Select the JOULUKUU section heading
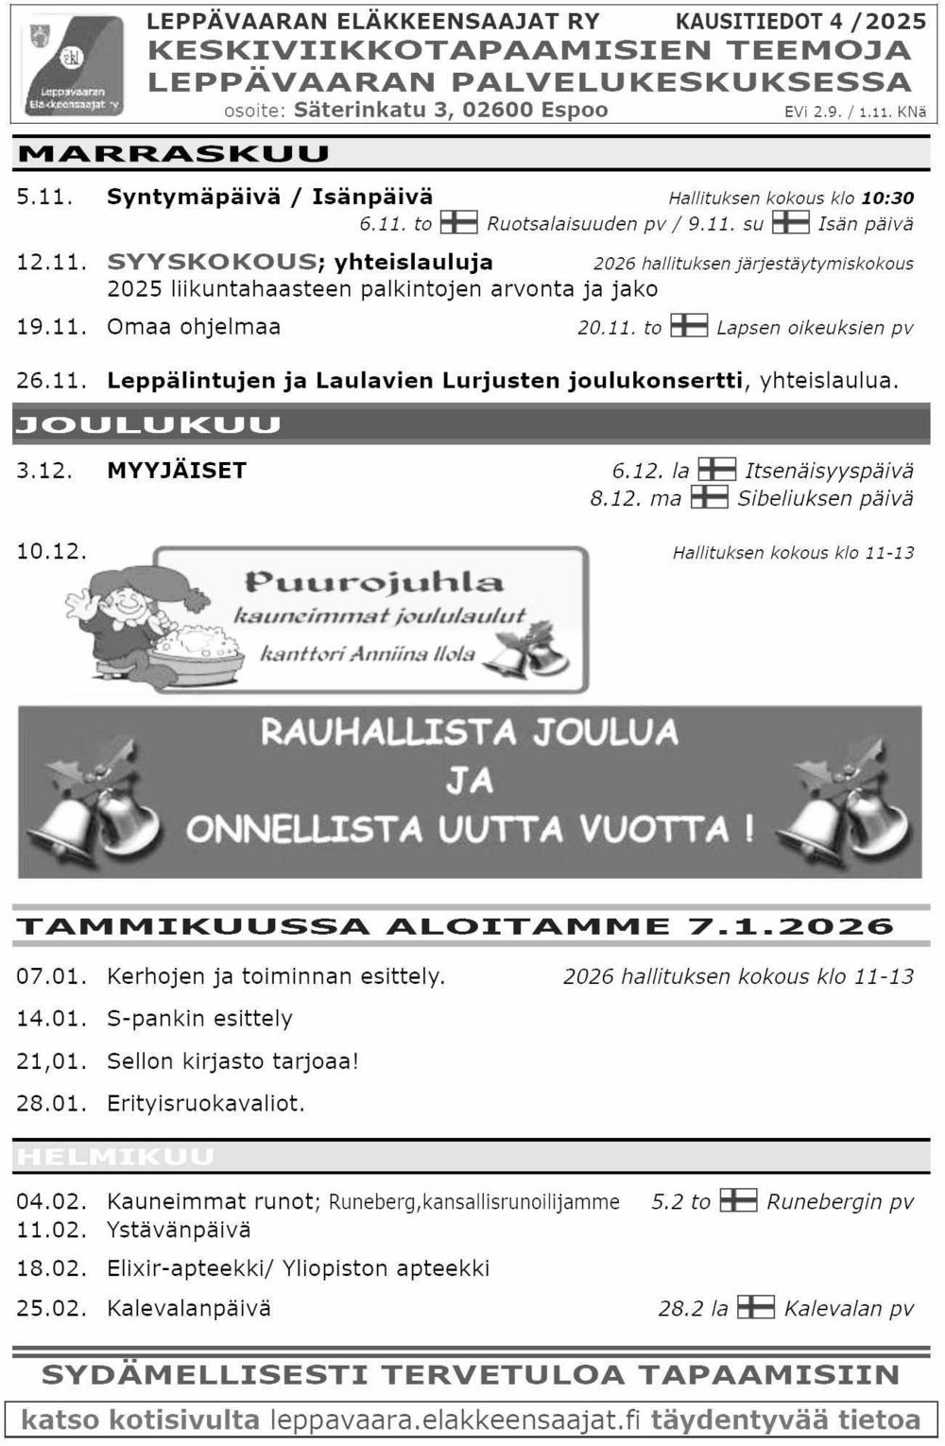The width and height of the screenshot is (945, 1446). [x=148, y=425]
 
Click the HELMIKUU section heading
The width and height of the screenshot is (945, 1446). [x=115, y=1157]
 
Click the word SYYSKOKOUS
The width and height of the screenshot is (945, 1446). [x=212, y=262]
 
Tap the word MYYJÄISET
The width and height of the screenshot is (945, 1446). [x=177, y=471]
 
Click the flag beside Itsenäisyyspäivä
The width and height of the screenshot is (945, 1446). [x=716, y=470]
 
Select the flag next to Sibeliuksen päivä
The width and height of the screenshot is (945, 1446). [x=709, y=498]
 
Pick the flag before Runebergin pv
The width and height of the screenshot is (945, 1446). [x=738, y=1201]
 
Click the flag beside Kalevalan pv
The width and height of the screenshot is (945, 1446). [x=755, y=1308]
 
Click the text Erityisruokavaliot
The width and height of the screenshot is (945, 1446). [x=205, y=1103]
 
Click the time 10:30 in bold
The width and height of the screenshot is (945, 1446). [x=887, y=198]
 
